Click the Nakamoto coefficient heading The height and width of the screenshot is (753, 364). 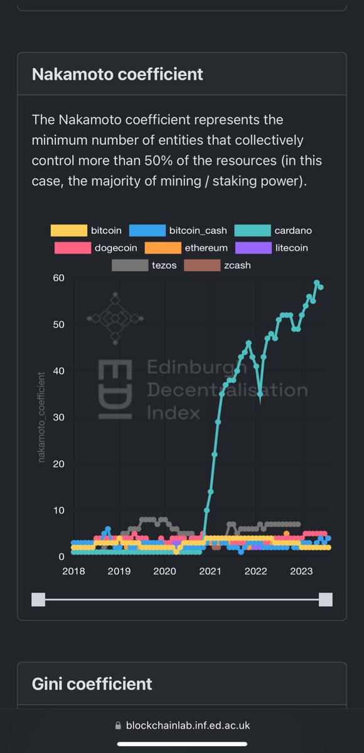(117, 74)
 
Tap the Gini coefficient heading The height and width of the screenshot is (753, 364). (92, 683)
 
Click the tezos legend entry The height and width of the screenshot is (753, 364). (144, 265)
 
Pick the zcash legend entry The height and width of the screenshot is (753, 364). (219, 265)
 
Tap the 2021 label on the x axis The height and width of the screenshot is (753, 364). (210, 571)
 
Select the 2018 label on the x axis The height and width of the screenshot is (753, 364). (74, 571)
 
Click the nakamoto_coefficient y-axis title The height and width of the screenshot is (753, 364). (41, 417)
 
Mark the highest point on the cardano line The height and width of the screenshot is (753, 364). (317, 283)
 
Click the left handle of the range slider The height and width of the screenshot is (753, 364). (38, 599)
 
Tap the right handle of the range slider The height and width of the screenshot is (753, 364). (325, 599)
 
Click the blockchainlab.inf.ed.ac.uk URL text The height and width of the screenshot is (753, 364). (188, 725)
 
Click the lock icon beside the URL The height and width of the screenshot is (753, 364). (117, 725)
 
